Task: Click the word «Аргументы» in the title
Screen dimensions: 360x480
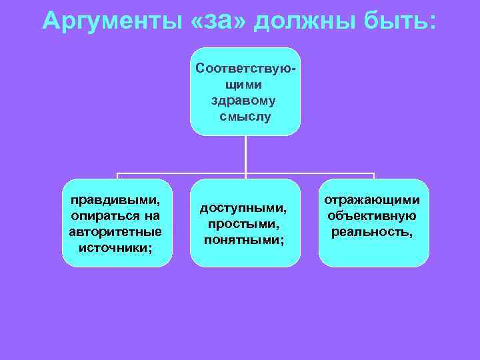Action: click(109, 21)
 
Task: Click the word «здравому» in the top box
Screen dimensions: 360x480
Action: click(245, 101)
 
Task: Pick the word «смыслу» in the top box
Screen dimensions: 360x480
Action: click(245, 117)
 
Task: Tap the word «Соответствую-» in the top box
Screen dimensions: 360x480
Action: click(245, 69)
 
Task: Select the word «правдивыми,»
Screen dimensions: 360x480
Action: click(116, 200)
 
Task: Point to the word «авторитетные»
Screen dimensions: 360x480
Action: click(116, 232)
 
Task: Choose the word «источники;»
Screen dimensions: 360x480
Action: click(116, 248)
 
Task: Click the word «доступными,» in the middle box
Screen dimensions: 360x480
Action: click(244, 209)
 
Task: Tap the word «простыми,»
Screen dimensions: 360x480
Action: click(244, 224)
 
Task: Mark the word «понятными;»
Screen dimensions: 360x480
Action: click(244, 240)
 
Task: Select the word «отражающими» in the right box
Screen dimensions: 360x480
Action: click(372, 200)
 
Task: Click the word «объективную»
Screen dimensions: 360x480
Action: click(372, 216)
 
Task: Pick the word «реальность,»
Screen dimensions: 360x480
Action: click(372, 232)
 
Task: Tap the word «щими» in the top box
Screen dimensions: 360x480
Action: click(245, 85)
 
